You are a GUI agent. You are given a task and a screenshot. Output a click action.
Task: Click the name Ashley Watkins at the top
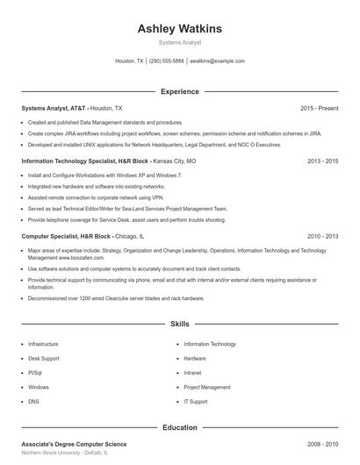[179, 28]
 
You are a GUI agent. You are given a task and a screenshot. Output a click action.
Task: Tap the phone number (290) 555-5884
[166, 61]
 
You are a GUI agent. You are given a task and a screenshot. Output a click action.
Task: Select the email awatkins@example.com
[217, 61]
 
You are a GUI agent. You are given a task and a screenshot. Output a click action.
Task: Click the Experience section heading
[179, 91]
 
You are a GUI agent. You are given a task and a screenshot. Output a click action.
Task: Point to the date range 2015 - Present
[319, 108]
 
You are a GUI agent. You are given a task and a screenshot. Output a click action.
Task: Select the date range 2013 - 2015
[322, 161]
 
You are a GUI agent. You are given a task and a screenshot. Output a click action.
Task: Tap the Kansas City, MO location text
[174, 161]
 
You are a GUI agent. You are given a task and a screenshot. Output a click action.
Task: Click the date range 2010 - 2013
[322, 236]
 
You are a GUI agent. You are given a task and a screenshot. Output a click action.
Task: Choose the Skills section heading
[179, 325]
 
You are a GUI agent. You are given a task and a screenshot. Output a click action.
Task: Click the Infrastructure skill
[43, 345]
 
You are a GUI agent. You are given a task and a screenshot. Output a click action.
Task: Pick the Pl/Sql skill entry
[37, 373]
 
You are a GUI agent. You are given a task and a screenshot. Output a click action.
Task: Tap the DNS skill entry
[33, 401]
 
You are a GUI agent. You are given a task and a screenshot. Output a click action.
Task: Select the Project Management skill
[207, 387]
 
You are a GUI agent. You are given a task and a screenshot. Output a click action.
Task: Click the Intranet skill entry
[193, 373]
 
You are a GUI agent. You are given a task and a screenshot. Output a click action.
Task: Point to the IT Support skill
[196, 401]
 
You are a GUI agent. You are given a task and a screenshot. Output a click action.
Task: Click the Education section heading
[179, 427]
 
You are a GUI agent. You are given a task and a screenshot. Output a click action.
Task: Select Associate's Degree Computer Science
[75, 445]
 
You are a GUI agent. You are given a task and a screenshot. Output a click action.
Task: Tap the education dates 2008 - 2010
[322, 445]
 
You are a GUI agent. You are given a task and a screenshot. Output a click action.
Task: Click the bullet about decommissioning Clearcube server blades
[104, 297]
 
